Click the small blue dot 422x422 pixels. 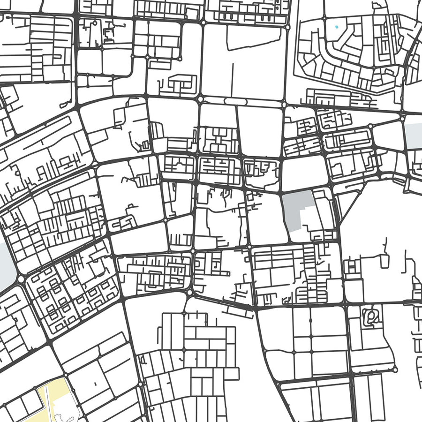click(x=336, y=27)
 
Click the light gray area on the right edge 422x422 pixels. click(x=414, y=136)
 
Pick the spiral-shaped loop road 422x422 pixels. click(x=372, y=318)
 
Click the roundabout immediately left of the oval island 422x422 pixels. click(x=201, y=99)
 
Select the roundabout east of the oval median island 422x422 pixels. click(x=284, y=101)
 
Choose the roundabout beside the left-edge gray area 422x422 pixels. click(x=21, y=279)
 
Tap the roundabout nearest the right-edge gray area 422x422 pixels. click(x=403, y=119)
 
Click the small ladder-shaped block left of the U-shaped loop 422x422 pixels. click(x=352, y=267)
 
